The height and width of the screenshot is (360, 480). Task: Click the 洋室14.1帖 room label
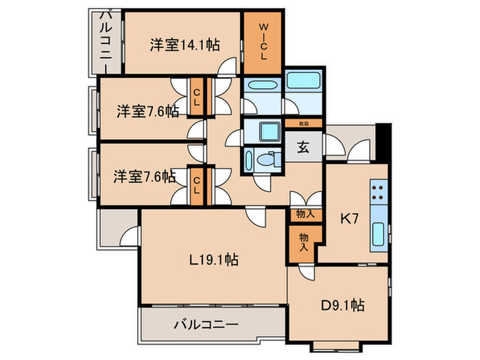184,45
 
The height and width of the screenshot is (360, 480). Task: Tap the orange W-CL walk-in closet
263,43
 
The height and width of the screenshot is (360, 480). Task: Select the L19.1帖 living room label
214,260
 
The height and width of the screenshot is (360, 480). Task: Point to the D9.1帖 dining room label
343,305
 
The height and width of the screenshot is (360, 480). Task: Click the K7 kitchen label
350,219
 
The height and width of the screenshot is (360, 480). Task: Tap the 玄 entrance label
302,147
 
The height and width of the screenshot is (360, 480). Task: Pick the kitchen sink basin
379,235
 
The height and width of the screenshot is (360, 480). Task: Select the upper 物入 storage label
305,214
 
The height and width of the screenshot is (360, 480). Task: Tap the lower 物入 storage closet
303,241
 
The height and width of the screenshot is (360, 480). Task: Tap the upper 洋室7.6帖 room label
147,110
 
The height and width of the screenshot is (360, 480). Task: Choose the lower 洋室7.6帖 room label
145,176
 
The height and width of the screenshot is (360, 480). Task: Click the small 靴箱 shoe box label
302,124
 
